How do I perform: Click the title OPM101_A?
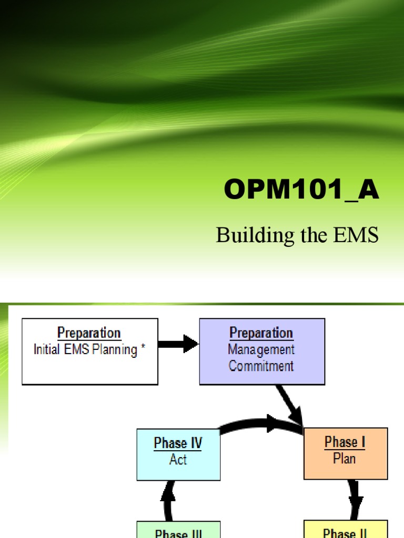pyautogui.click(x=301, y=190)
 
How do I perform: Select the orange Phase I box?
pyautogui.click(x=346, y=453)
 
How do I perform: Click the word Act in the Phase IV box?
pyautogui.click(x=178, y=460)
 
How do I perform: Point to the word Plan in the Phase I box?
pyautogui.click(x=345, y=459)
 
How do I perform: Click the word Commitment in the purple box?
pyautogui.click(x=261, y=366)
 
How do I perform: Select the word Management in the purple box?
pyautogui.click(x=261, y=349)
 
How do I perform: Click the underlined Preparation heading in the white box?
pyautogui.click(x=89, y=334)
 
